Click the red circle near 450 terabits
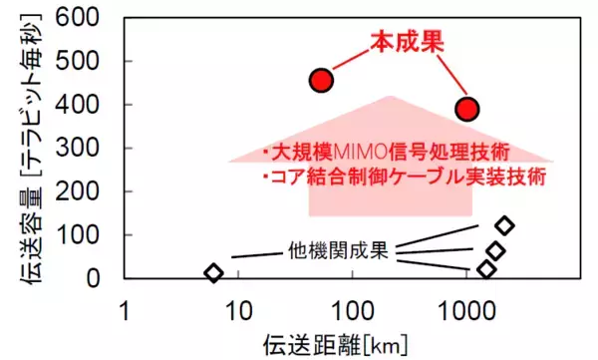pyautogui.click(x=321, y=80)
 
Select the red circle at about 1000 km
pyautogui.click(x=466, y=109)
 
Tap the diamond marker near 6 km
pyautogui.click(x=213, y=272)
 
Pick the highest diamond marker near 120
pyautogui.click(x=504, y=225)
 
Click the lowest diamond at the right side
pyautogui.click(x=486, y=269)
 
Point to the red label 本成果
pyautogui.click(x=407, y=41)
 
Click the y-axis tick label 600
pyautogui.click(x=80, y=18)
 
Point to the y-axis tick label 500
pyautogui.click(x=80, y=62)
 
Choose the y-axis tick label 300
pyautogui.click(x=80, y=149)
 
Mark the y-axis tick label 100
pyautogui.click(x=80, y=235)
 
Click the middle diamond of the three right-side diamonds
pyautogui.click(x=495, y=250)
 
